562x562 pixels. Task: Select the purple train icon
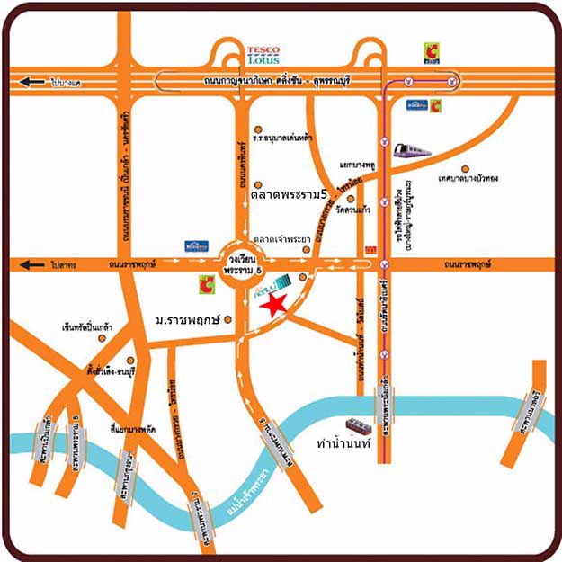(412, 150)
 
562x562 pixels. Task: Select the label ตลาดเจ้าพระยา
(282, 239)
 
